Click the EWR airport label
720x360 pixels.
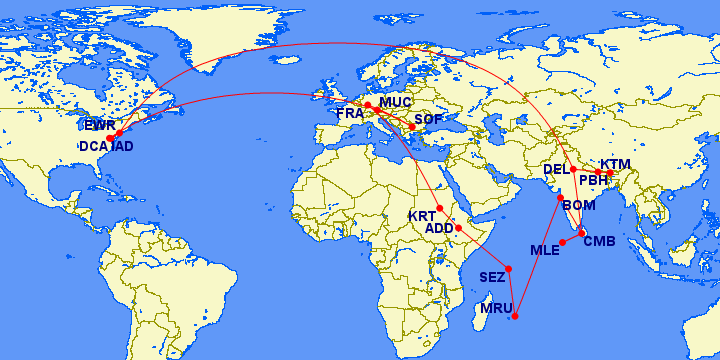(x=99, y=125)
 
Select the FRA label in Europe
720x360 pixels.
(x=350, y=114)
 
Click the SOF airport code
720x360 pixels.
(x=428, y=119)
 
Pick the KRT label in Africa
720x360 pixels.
(x=423, y=216)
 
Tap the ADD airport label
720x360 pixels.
(x=440, y=228)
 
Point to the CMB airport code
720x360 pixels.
(x=599, y=240)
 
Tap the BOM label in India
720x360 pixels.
(x=580, y=205)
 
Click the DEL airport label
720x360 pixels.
(x=556, y=169)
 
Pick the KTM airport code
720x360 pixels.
(x=616, y=163)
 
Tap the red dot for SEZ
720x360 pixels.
(x=509, y=268)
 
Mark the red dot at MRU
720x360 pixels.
(x=515, y=317)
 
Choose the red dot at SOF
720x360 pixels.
(x=412, y=127)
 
